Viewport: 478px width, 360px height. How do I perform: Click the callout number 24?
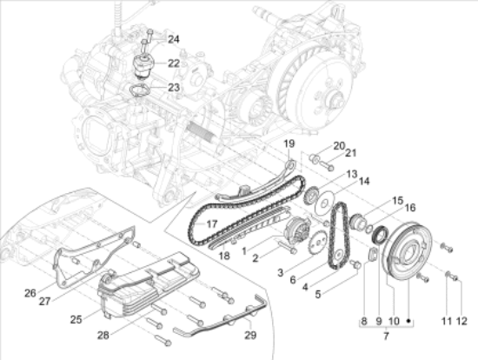(x=174, y=39)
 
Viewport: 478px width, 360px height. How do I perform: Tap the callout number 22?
(x=174, y=63)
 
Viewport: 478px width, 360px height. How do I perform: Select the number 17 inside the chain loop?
(x=212, y=224)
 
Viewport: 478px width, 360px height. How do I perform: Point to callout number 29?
(x=250, y=335)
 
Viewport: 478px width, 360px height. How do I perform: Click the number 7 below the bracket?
(x=386, y=336)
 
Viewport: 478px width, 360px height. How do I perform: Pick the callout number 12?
(x=461, y=321)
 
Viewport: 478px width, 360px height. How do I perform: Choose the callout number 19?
(x=289, y=143)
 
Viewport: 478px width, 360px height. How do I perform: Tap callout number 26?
(x=30, y=293)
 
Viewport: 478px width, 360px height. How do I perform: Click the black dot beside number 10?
(x=409, y=321)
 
